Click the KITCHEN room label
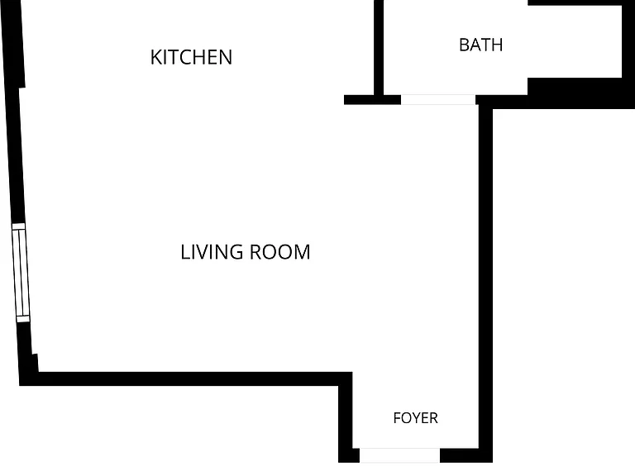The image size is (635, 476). (x=191, y=57)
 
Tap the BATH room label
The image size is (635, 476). (x=481, y=45)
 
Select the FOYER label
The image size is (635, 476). (x=416, y=418)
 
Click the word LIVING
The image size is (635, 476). (x=212, y=252)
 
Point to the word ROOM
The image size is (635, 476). (x=279, y=252)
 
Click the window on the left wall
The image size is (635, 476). (x=21, y=273)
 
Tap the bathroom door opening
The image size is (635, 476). (x=438, y=99)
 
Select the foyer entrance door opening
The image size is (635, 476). (x=399, y=455)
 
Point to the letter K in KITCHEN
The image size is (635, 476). (x=156, y=57)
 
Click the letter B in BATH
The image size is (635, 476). (x=465, y=45)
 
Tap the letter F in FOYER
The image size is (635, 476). (x=397, y=418)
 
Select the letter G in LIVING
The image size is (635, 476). (x=236, y=252)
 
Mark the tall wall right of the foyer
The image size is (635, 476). (x=485, y=283)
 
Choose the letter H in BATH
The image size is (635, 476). (x=497, y=45)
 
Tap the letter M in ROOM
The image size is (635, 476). (x=302, y=252)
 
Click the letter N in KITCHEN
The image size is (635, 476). (x=226, y=57)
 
